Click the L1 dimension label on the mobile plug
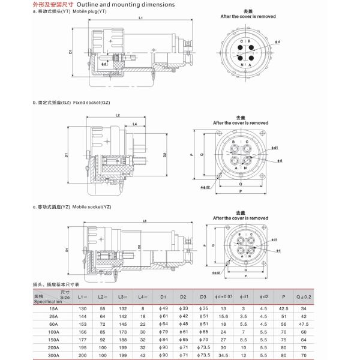click(x=140, y=19)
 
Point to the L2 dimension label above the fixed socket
click(x=118, y=115)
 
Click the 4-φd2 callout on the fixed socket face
click(x=205, y=187)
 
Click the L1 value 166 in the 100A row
click(x=83, y=331)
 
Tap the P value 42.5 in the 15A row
click(x=283, y=307)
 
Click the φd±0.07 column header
click(x=224, y=296)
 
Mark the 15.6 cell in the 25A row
click(x=224, y=316)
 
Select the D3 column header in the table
click(x=204, y=296)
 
